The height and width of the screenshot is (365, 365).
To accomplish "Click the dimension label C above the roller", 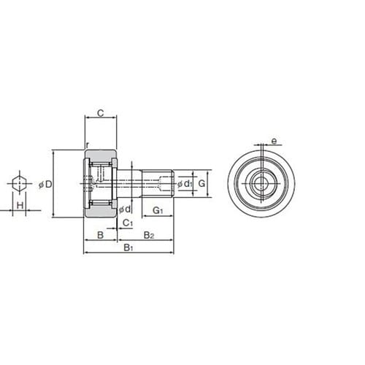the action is point(101,113).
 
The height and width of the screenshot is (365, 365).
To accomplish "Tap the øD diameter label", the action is point(45,185).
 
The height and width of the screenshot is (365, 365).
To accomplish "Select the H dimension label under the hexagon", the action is point(20,205).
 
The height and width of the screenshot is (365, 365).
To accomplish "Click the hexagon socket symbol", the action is point(20,183).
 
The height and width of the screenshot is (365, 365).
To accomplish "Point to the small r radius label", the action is point(88,145).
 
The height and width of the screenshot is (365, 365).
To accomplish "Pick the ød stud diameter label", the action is point(125,209).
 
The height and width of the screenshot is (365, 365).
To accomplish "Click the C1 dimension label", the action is point(128,223).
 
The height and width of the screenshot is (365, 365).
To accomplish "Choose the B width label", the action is point(100,235).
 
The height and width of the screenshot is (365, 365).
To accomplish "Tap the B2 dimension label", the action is point(149,235).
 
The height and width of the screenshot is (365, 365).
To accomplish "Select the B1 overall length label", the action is point(128,248).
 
